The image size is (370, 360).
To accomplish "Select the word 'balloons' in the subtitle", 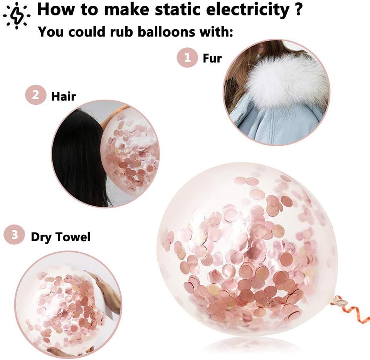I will [x=144, y=32].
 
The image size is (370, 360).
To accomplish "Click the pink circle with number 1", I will [x=187, y=58].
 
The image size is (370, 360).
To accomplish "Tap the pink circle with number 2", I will [x=35, y=95].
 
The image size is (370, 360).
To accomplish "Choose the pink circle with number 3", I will [x=14, y=236].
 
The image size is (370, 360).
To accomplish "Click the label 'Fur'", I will [x=212, y=58].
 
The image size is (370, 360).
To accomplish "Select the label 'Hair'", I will [x=64, y=96].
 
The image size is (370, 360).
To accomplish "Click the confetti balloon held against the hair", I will [x=131, y=154].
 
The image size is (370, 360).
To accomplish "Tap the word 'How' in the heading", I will [x=54, y=10].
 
